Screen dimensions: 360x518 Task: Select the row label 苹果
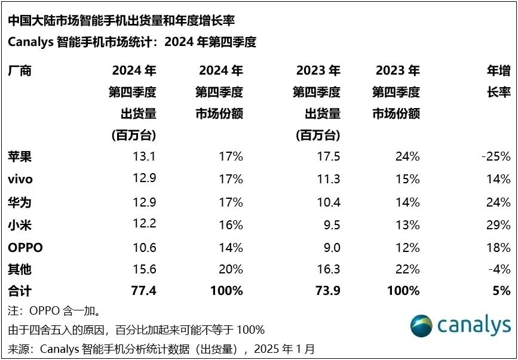pos(20,157)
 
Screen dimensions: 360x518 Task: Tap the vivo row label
pos(20,180)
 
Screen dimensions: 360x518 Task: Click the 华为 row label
pos(20,202)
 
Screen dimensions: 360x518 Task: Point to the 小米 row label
pos(20,225)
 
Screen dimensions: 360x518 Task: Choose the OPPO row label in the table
pos(25,247)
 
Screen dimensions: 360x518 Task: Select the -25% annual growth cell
pos(495,157)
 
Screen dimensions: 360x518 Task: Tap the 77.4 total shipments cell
pos(143,291)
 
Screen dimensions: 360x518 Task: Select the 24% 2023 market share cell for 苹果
pos(407,157)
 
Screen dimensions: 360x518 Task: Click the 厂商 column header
pos(20,71)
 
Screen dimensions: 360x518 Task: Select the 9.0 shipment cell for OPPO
pos(329,247)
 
